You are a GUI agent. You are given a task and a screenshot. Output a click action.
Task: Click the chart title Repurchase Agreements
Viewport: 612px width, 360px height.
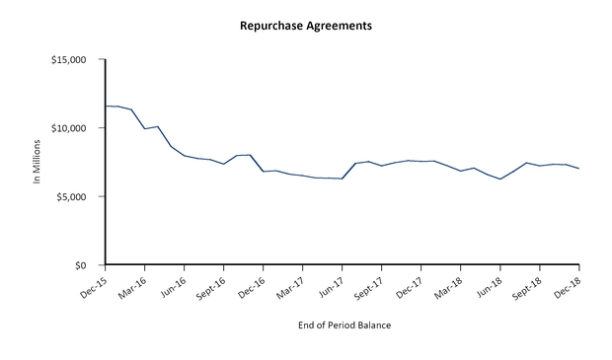(x=306, y=26)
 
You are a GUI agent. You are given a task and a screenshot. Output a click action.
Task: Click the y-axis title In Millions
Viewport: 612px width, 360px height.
(x=38, y=163)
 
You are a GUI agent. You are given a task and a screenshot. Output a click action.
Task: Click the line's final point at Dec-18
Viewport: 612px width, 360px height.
(x=578, y=169)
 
